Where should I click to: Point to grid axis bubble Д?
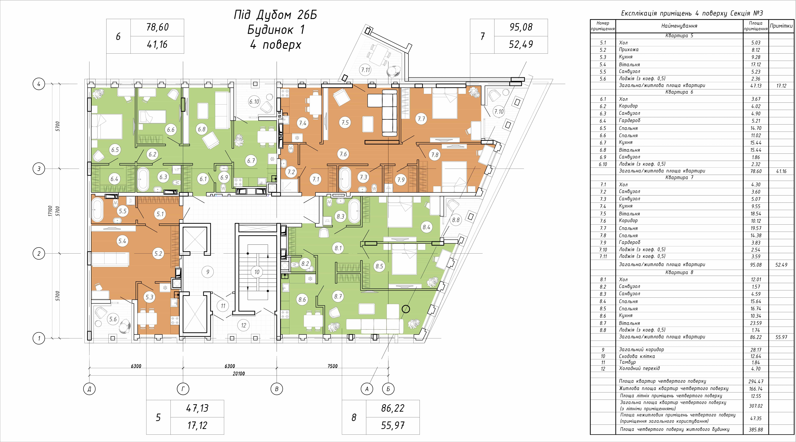(89, 389)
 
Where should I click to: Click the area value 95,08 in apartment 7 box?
(521, 27)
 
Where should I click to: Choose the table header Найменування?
(679, 26)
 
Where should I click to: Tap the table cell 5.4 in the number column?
(603, 64)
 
